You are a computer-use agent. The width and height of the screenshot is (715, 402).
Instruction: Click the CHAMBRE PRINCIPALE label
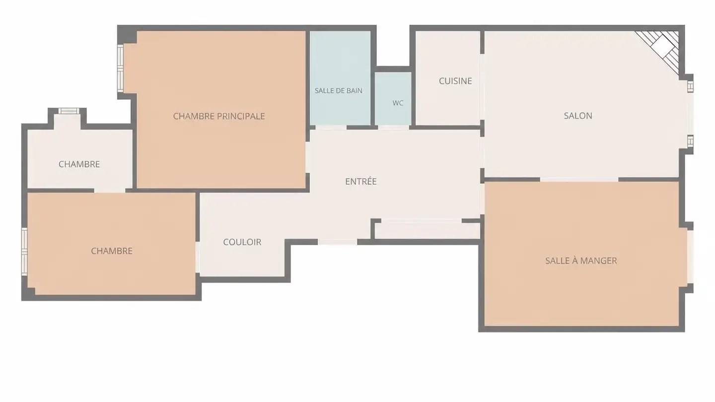pyautogui.click(x=219, y=116)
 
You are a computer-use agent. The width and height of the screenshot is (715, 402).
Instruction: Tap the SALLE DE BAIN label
pyautogui.click(x=338, y=91)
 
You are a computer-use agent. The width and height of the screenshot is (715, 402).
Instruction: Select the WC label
pyautogui.click(x=398, y=103)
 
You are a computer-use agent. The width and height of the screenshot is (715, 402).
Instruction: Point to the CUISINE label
pyautogui.click(x=455, y=81)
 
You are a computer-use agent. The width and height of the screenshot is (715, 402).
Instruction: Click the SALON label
pyautogui.click(x=578, y=116)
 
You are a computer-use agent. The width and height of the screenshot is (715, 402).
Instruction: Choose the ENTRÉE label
pyautogui.click(x=360, y=181)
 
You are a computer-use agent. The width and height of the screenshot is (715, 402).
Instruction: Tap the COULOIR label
pyautogui.click(x=242, y=242)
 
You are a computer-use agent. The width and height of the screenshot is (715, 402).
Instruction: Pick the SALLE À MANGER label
pyautogui.click(x=581, y=261)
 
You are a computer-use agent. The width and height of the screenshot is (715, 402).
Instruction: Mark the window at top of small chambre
pyautogui.click(x=69, y=111)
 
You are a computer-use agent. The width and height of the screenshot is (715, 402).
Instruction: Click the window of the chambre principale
pyautogui.click(x=120, y=68)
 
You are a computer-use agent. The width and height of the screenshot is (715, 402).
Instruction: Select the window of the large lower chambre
pyautogui.click(x=24, y=252)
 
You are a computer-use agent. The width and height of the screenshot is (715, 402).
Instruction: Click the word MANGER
pyautogui.click(x=598, y=261)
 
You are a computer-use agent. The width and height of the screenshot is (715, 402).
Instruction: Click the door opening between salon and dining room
pyautogui.click(x=579, y=180)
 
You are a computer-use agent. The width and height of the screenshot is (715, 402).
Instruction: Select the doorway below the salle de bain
pyautogui.click(x=331, y=128)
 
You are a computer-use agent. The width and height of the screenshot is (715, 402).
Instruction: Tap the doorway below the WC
pyautogui.click(x=393, y=128)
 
